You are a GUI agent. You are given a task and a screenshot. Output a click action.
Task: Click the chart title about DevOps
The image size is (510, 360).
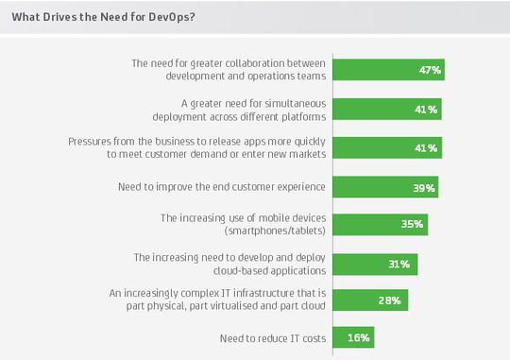tap(110, 16)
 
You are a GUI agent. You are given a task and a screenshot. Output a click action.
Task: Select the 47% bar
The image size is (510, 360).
tap(388, 70)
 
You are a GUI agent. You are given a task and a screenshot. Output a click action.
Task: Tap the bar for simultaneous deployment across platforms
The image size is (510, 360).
tap(386, 109)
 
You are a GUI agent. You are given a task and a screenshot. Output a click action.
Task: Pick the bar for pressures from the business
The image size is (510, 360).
tap(386, 147)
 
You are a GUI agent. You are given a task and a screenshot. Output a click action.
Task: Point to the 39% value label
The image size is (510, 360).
tap(424, 187)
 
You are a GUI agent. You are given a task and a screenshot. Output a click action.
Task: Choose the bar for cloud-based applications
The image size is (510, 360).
tap(375, 264)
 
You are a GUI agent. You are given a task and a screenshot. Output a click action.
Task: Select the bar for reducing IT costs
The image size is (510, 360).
tap(354, 337)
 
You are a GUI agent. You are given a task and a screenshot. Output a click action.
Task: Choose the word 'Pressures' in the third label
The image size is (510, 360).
tap(93, 141)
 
